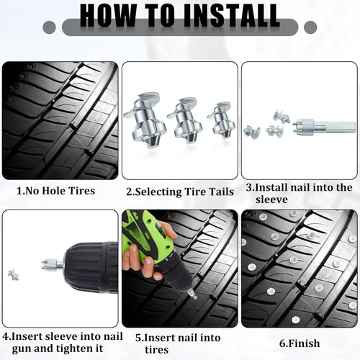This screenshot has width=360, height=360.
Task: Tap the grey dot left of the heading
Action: click(x=49, y=27)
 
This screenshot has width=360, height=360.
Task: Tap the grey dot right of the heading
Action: click(x=310, y=27)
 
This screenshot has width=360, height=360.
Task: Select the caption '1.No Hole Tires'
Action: click(x=55, y=191)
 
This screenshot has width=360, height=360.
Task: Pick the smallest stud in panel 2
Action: click(x=221, y=120)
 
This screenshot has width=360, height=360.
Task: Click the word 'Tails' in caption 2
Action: click(x=221, y=192)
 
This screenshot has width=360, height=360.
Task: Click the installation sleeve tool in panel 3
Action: click(x=324, y=127)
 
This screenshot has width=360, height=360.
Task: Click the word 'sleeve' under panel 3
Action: click(x=271, y=199)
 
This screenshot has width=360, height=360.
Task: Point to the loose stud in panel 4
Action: click(x=14, y=275)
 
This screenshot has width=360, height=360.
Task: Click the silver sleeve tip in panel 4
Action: click(x=52, y=264)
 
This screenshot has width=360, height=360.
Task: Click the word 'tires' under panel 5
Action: click(x=156, y=350)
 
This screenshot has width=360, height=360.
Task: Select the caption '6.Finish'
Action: click(x=300, y=343)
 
